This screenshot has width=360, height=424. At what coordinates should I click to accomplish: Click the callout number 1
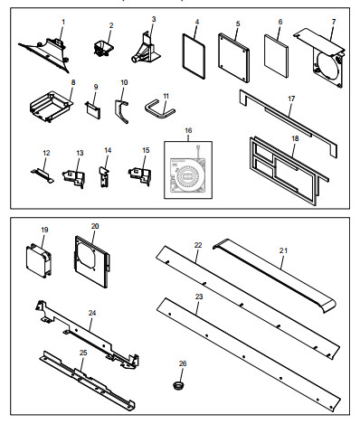pyautogui.click(x=63, y=20)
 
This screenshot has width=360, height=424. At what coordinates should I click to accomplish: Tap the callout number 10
pyautogui.click(x=124, y=82)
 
